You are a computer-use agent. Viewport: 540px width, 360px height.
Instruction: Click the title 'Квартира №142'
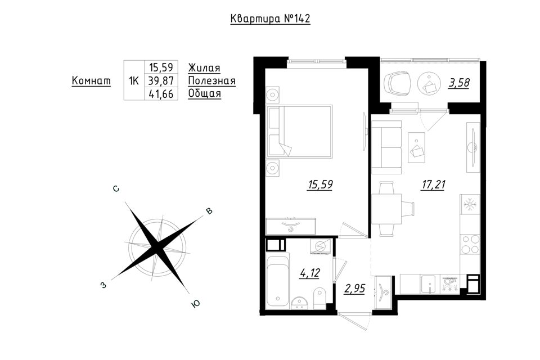[270, 19]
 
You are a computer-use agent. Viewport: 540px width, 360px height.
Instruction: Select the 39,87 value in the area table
[161, 80]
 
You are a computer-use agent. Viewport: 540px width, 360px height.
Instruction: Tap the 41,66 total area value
[161, 94]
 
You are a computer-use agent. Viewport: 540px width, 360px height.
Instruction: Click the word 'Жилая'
[204, 68]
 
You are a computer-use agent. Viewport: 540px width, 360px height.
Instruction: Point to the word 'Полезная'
[212, 81]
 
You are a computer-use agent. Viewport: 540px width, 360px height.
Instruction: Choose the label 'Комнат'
[91, 80]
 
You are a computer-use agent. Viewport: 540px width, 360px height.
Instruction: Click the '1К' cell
[134, 81]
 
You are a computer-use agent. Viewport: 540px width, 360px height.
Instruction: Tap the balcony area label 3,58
[459, 83]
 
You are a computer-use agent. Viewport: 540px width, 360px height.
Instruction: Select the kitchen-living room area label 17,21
[433, 184]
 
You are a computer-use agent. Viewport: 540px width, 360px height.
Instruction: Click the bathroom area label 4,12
[310, 273]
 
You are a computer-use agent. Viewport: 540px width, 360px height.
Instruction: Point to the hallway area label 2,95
[354, 288]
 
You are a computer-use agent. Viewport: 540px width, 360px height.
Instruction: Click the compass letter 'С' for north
[116, 189]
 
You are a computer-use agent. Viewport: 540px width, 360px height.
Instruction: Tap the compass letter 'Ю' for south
[196, 304]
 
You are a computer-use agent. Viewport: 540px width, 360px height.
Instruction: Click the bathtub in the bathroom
[277, 280]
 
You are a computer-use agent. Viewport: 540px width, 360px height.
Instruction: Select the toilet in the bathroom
[319, 298]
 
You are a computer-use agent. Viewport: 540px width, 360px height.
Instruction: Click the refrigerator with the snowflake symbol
[470, 204]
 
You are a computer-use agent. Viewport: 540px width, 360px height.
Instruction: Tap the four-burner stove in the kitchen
[470, 244]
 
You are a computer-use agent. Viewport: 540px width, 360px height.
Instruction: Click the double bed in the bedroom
[299, 131]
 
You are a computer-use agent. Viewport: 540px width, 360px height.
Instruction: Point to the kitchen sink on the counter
[428, 284]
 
